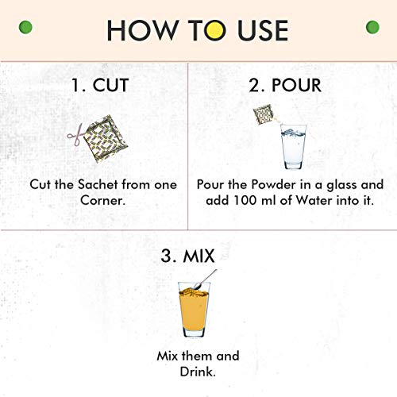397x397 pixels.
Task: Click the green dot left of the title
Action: pos(25,27)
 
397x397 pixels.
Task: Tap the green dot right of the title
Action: pos(372,27)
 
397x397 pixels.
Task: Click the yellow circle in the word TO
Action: pos(215,30)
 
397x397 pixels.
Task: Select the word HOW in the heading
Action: pos(142,30)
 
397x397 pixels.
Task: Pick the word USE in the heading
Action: pos(263,30)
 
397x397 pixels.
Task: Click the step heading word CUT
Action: pos(110,85)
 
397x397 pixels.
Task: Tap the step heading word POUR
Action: pos(297,85)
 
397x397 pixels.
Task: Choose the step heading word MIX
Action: pos(198,256)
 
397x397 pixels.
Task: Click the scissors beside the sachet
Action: pos(75,135)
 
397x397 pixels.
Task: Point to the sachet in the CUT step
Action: pos(106,139)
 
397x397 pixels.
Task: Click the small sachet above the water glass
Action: pos(263,114)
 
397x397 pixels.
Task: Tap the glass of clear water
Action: pos(293,146)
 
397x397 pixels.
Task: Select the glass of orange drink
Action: pos(194,310)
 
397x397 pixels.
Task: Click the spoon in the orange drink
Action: pos(205,279)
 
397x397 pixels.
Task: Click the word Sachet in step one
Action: pos(98,184)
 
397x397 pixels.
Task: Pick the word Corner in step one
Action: pos(102,200)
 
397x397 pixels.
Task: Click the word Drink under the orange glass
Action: pos(198,372)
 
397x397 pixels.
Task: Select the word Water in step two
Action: pos(314,200)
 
